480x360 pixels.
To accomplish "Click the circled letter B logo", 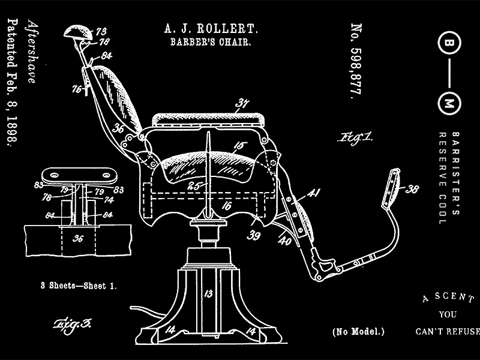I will (x=450, y=43).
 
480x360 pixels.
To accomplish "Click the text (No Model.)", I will (x=358, y=331).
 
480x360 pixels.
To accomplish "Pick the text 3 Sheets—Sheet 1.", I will (x=79, y=286).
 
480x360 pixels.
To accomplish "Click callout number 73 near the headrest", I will (x=101, y=31).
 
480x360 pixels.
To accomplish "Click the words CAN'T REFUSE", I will (x=447, y=331).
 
